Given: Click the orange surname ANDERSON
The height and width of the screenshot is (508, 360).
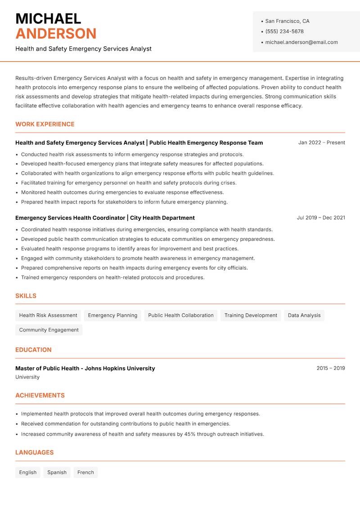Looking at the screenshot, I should click(x=56, y=34).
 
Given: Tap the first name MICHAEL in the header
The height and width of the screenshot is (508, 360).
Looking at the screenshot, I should click(x=48, y=18).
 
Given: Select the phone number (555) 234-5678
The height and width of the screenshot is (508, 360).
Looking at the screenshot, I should click(x=284, y=31).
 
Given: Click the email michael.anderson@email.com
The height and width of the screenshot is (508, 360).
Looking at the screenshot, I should click(x=301, y=42).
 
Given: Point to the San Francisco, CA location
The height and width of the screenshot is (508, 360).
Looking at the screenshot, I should click(x=287, y=21).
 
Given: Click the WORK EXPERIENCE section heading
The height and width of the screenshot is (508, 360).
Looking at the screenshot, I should click(x=45, y=124).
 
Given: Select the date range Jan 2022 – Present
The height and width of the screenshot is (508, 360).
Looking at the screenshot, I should click(x=321, y=143).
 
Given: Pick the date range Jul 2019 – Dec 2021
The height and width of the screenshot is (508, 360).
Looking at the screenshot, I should click(x=321, y=218).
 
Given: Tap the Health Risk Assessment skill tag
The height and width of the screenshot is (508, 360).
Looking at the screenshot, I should click(x=48, y=315).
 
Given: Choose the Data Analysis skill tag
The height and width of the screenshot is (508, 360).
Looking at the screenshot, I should click(x=304, y=315).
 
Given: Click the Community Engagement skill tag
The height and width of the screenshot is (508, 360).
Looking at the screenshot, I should click(x=49, y=330).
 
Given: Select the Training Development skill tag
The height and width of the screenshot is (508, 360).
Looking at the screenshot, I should click(x=251, y=315).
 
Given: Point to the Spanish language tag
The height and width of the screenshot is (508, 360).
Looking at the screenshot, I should click(x=57, y=472).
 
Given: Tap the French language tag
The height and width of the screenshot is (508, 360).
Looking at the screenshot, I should click(x=85, y=472).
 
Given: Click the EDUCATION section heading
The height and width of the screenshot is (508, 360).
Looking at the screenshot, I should click(x=33, y=350).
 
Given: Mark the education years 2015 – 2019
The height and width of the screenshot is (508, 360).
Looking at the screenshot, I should click(x=330, y=368).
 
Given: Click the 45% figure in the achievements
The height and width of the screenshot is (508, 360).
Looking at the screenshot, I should click(x=190, y=434).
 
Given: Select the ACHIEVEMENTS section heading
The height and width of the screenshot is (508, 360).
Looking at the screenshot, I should click(x=40, y=396).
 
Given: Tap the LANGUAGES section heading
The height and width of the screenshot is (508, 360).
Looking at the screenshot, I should click(x=34, y=453).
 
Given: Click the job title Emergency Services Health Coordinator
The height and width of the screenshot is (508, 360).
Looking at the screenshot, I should click(x=70, y=218).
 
